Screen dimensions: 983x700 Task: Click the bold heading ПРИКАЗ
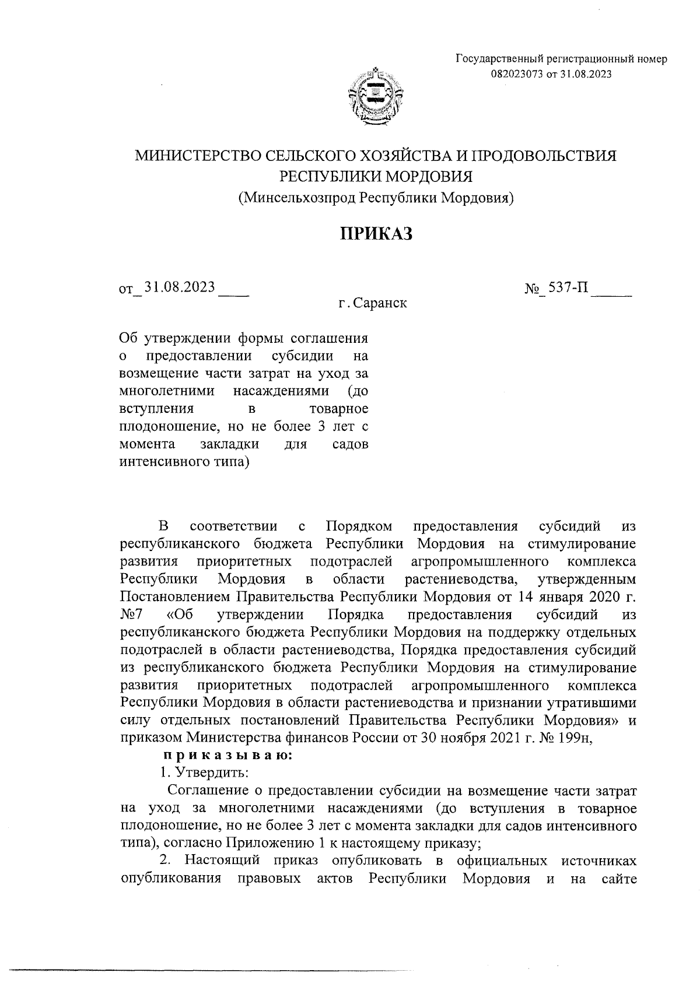pyautogui.click(x=376, y=234)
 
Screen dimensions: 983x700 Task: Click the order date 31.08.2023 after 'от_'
pyautogui.click(x=180, y=287)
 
